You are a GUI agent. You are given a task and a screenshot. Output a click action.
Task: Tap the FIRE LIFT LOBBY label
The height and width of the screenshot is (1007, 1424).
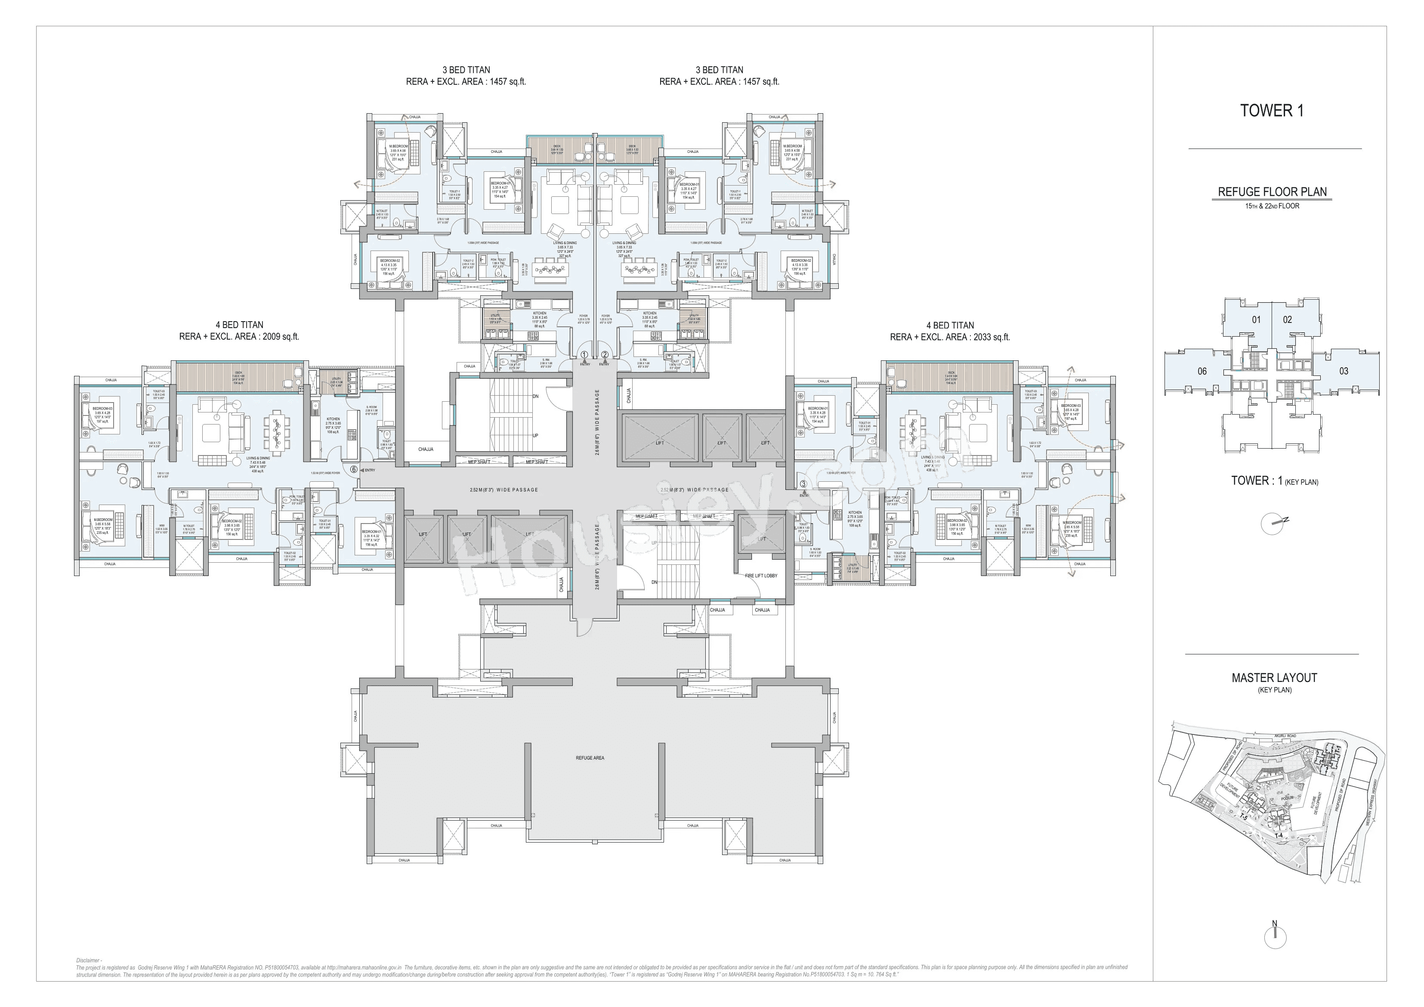click(760, 575)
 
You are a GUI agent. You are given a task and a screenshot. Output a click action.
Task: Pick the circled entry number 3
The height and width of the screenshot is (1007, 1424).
click(803, 484)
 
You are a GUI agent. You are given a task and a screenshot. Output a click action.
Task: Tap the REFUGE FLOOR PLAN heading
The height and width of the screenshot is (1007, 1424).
click(1272, 192)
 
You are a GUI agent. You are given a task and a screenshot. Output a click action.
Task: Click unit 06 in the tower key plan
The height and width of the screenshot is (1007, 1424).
click(1202, 371)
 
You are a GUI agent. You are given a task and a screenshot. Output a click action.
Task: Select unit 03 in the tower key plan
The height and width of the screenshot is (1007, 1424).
click(1344, 371)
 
